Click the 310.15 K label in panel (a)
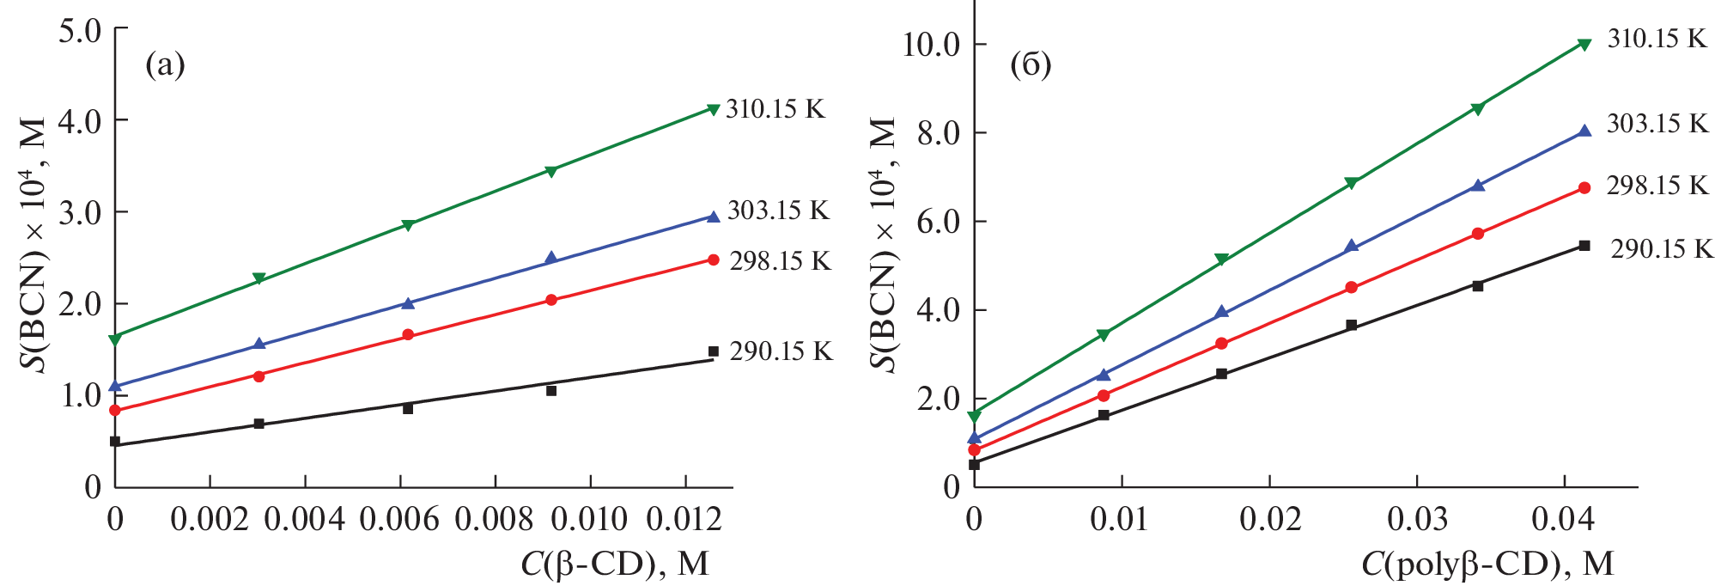(x=775, y=109)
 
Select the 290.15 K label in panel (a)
(x=781, y=351)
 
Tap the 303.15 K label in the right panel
(x=1657, y=124)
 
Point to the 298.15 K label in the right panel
(x=1657, y=186)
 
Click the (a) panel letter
(x=165, y=64)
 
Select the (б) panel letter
(x=1031, y=64)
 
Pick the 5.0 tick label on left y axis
(x=80, y=32)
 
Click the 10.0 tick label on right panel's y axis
(x=931, y=44)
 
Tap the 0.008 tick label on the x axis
(x=494, y=519)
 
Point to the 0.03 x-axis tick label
(x=1417, y=519)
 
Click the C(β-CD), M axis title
(x=614, y=564)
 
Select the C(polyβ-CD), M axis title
(x=1487, y=564)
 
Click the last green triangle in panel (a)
(x=713, y=108)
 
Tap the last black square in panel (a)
(x=713, y=351)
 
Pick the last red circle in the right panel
(x=1584, y=188)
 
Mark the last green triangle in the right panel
(x=1584, y=44)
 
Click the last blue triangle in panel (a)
(x=713, y=217)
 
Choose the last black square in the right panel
(x=1584, y=246)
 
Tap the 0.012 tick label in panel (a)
(x=684, y=519)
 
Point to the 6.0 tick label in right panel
(x=938, y=222)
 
